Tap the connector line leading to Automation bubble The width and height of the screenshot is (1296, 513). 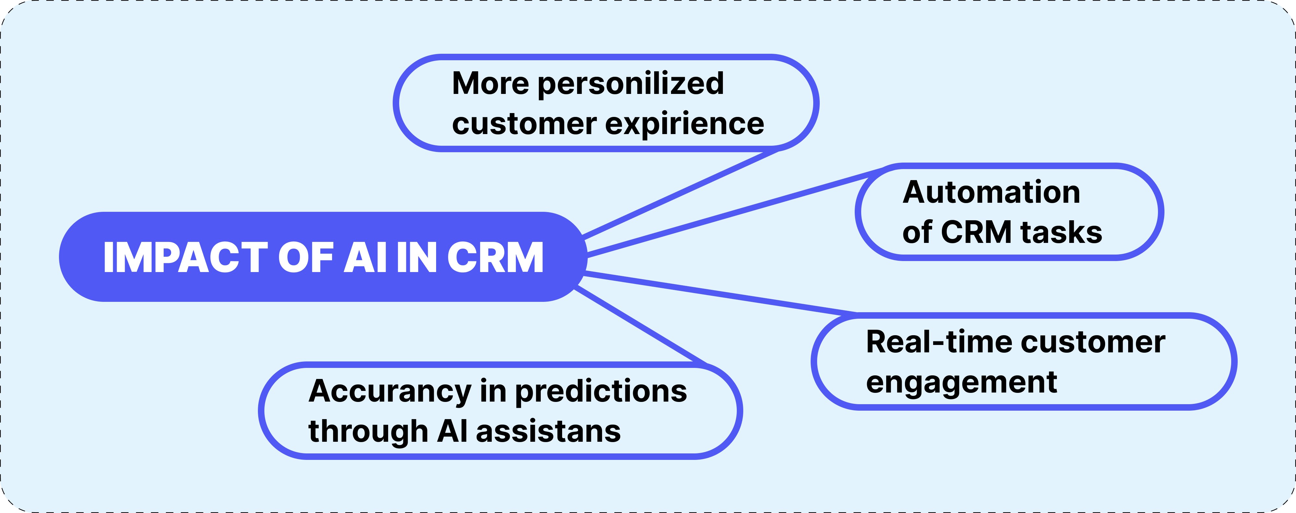click(735, 211)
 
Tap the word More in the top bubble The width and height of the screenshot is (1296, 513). click(491, 84)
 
